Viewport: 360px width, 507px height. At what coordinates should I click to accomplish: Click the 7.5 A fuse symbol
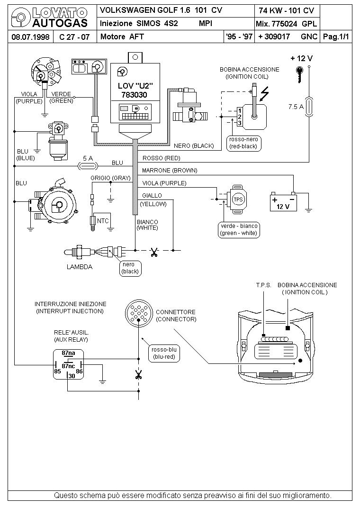[x=309, y=107]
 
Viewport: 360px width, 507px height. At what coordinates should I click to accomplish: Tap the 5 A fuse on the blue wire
[x=88, y=166]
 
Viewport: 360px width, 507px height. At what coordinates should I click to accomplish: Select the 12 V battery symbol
[x=283, y=202]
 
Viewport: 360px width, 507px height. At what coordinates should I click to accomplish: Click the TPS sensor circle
[x=238, y=199]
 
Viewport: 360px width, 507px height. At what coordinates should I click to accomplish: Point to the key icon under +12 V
[x=299, y=74]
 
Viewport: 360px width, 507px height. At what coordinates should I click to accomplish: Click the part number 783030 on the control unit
[x=134, y=95]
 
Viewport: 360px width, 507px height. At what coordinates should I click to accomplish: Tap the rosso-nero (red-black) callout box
[x=243, y=143]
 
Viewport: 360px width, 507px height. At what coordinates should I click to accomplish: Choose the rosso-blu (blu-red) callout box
[x=164, y=353]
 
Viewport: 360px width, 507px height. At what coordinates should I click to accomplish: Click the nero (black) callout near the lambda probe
[x=130, y=268]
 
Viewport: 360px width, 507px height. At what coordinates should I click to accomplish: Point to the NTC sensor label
[x=103, y=221]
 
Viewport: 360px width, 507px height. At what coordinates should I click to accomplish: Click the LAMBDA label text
[x=80, y=267]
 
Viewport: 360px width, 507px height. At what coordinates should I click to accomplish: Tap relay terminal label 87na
[x=68, y=353]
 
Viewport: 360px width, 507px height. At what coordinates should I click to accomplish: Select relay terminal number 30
[x=72, y=376]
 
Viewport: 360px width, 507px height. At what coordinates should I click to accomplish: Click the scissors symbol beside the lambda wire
[x=154, y=252]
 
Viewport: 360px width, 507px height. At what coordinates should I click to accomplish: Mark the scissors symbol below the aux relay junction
[x=139, y=375]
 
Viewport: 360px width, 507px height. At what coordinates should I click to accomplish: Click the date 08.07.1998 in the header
[x=30, y=37]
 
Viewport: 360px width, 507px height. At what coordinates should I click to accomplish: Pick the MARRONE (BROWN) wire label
[x=170, y=171]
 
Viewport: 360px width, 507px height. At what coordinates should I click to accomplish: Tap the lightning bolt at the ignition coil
[x=265, y=94]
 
